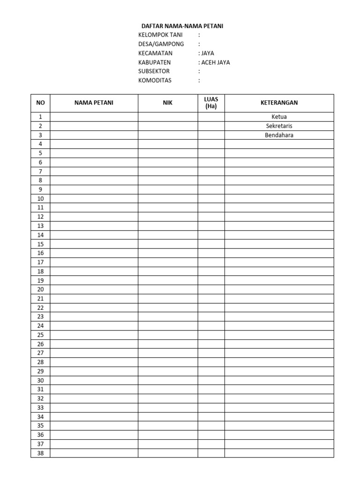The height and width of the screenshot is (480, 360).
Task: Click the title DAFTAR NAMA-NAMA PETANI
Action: click(x=182, y=26)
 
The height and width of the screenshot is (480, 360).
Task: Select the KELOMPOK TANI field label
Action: click(x=160, y=35)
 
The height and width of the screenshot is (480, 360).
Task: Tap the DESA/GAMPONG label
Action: click(x=161, y=44)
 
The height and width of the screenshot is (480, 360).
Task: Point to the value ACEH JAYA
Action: click(x=215, y=62)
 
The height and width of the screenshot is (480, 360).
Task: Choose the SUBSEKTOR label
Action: click(x=154, y=71)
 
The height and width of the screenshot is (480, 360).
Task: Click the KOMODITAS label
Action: click(x=155, y=80)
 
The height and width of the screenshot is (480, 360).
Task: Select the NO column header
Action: click(x=40, y=103)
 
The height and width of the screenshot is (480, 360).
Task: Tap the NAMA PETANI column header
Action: click(x=94, y=103)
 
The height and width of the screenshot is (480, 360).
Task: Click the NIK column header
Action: click(x=168, y=103)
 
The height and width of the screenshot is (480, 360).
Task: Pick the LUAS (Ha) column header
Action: click(x=211, y=103)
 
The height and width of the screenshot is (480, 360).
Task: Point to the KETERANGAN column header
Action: click(x=279, y=103)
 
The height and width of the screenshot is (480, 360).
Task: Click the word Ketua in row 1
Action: click(x=279, y=117)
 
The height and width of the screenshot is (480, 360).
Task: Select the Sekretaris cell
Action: click(x=279, y=126)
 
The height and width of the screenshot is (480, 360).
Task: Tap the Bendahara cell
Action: click(x=279, y=135)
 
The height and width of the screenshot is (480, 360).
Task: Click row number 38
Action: click(x=40, y=453)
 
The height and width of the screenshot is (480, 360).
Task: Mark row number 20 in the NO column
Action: click(x=40, y=290)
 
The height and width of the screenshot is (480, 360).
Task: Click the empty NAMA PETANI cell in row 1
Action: click(x=94, y=117)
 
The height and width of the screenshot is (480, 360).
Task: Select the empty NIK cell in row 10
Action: click(x=168, y=199)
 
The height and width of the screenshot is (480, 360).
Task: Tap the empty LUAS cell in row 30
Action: click(x=211, y=381)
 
